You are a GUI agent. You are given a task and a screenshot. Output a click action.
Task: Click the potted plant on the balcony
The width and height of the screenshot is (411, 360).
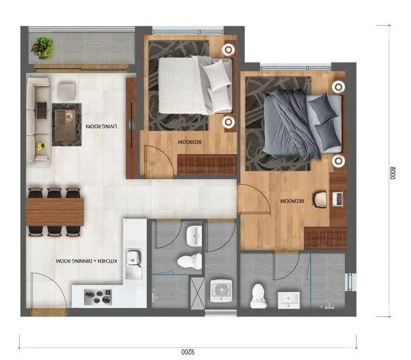[43, 48]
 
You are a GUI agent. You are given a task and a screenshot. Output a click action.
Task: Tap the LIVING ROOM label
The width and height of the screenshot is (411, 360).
[101, 126]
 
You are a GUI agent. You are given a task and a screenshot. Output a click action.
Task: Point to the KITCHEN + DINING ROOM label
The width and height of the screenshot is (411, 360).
[87, 261]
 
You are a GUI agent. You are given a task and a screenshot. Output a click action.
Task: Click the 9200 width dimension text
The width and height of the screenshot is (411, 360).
[188, 352]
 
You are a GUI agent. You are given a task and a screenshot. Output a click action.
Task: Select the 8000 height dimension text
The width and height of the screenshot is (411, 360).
[392, 173]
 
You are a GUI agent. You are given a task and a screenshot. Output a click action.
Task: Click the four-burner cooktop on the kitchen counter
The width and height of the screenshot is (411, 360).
[98, 296]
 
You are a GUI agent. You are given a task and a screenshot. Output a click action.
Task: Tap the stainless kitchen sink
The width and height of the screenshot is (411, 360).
[134, 264]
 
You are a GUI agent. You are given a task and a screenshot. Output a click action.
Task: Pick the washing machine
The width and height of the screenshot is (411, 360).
[221, 291]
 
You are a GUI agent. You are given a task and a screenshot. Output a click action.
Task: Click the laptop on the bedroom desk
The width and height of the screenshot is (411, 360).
[338, 199]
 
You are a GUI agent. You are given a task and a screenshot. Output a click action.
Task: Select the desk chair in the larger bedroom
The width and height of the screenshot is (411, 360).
[320, 199]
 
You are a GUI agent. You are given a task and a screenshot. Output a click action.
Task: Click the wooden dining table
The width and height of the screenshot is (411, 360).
[55, 212]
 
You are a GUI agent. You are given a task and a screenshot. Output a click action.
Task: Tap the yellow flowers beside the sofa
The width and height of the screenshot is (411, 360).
[41, 146]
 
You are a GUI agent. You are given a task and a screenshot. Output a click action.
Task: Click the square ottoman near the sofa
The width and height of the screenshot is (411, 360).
[67, 91]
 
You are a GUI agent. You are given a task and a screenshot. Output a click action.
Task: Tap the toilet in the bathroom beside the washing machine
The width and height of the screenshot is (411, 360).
[190, 261]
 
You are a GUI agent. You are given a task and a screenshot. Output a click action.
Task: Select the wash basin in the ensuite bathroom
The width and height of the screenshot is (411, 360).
[289, 300]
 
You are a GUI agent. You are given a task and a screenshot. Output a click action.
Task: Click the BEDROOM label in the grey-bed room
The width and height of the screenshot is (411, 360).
[292, 201]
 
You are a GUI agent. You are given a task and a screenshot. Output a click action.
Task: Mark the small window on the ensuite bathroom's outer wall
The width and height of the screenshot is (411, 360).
[350, 282]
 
